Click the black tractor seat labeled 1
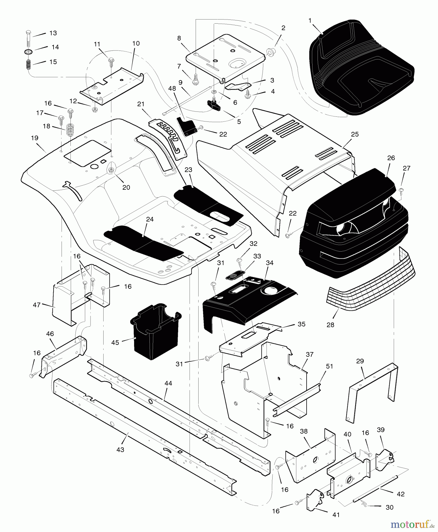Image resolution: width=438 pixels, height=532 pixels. point(361,68)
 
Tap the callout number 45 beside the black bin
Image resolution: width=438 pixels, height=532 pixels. point(115,342)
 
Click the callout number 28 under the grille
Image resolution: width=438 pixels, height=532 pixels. point(330,325)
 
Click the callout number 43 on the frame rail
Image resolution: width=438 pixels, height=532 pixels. point(120,450)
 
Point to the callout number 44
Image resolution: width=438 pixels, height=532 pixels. point(168,383)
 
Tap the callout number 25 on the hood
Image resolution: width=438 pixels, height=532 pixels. point(355,134)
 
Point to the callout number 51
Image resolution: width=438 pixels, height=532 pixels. point(329,366)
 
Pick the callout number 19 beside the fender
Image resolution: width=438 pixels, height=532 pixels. point(34,138)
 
